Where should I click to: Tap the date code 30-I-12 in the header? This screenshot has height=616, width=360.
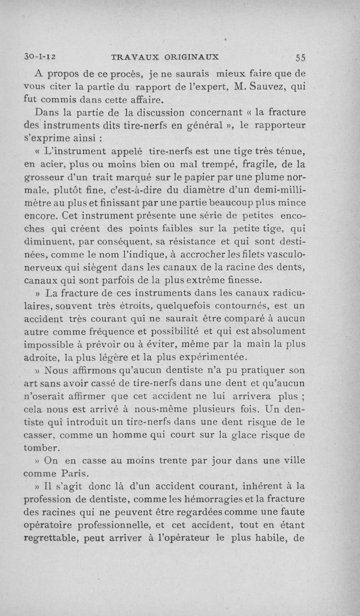point(40,57)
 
